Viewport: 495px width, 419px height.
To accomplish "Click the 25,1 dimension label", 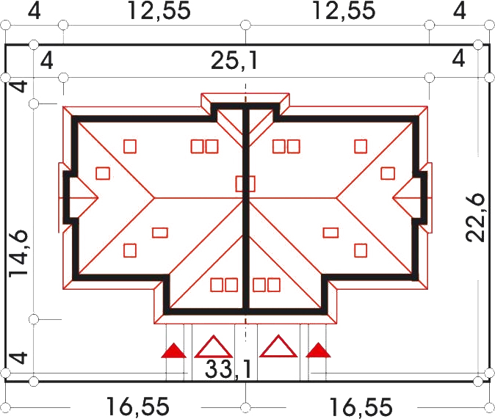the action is click(234, 60).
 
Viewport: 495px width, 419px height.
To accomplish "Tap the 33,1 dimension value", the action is click(228, 369).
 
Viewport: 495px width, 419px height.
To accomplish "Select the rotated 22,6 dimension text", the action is click(476, 217).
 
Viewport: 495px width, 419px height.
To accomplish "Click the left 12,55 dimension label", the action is click(159, 11).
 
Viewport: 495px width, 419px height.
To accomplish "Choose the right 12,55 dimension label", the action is click(344, 11).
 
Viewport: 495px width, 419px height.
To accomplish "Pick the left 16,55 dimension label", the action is click(137, 407).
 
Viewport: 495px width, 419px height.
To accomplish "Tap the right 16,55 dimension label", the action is click(361, 407).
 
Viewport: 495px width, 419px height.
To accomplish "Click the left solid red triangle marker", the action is click(173, 351).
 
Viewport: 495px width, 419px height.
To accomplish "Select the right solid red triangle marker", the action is click(318, 351).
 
